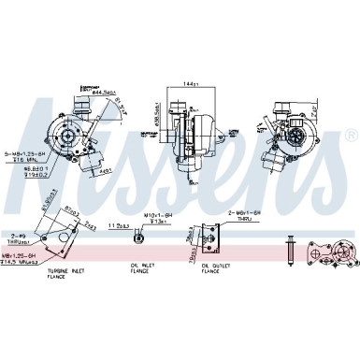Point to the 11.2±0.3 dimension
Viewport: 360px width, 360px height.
118,226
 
